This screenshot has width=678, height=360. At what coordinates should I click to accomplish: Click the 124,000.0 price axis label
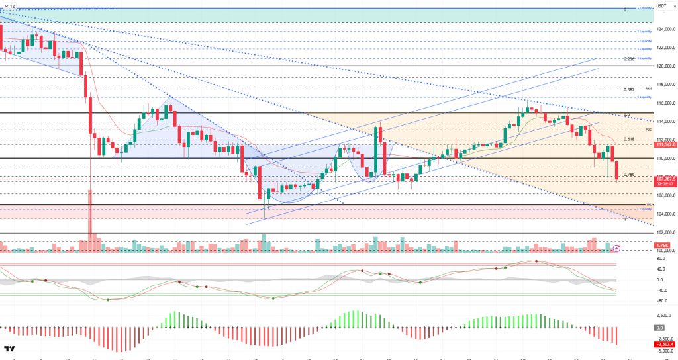(665, 29)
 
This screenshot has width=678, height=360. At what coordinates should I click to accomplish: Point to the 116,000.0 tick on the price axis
(665, 103)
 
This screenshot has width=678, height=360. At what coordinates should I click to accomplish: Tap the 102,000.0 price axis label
(665, 232)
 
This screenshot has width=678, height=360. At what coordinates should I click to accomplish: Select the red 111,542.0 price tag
(665, 144)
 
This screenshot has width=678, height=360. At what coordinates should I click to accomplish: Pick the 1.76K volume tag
(662, 245)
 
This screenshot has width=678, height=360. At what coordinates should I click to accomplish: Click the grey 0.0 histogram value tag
(659, 328)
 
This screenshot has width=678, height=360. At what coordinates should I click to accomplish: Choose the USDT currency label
(662, 6)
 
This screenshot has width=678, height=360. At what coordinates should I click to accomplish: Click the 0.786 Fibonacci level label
(630, 175)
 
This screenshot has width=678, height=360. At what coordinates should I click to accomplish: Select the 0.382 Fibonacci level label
(629, 89)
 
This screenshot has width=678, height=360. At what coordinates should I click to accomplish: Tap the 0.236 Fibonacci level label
(629, 59)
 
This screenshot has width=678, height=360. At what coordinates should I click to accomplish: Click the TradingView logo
(9, 349)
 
